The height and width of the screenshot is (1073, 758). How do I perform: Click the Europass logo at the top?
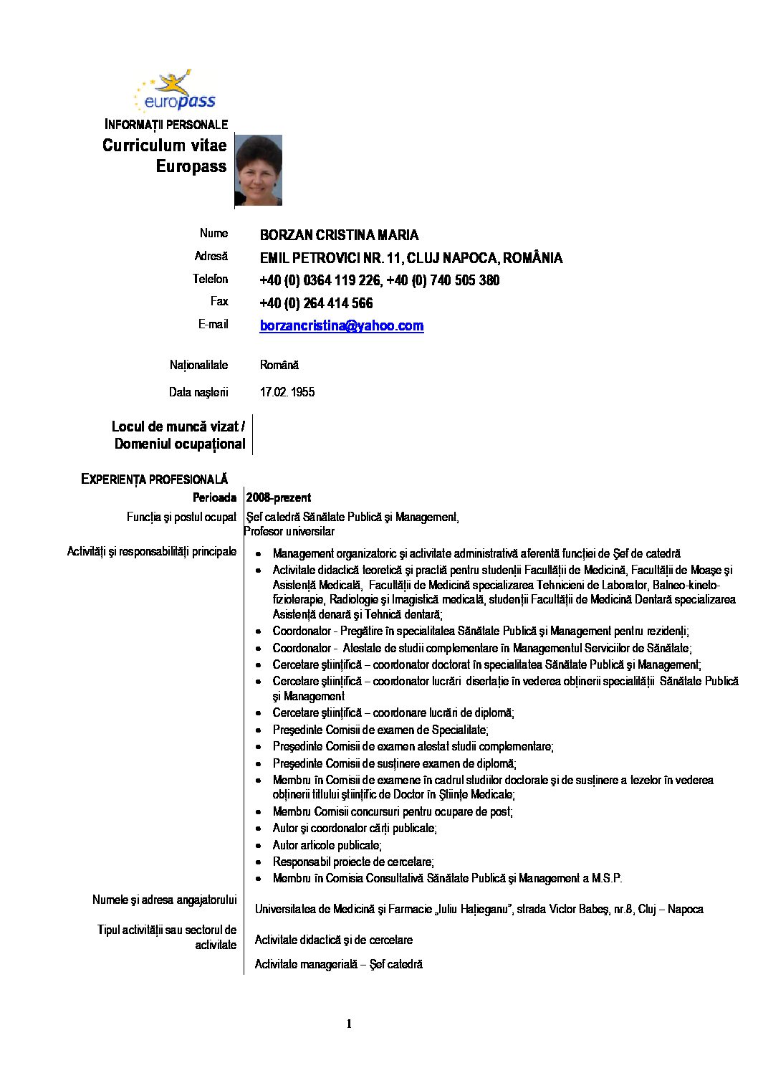click(x=175, y=92)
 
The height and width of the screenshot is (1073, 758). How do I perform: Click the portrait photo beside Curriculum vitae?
click(x=258, y=170)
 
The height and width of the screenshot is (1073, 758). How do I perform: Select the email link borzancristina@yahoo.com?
click(x=341, y=326)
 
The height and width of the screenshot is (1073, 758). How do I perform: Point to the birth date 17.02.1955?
click(x=287, y=392)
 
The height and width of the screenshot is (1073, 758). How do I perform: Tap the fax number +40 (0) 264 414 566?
click(x=316, y=303)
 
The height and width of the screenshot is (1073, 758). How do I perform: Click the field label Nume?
click(x=214, y=233)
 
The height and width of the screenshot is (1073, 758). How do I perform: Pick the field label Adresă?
click(x=211, y=256)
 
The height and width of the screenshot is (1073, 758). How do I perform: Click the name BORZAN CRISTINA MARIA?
click(x=339, y=235)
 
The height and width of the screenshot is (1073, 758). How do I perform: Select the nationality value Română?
click(x=279, y=365)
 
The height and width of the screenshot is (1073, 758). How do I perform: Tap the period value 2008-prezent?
click(x=279, y=497)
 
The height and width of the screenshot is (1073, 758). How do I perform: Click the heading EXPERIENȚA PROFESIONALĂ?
click(x=154, y=479)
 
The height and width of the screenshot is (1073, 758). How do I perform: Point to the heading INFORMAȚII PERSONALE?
click(x=166, y=125)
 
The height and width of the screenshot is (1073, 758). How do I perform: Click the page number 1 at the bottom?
click(x=349, y=1024)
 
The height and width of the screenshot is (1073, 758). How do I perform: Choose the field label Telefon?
click(x=210, y=279)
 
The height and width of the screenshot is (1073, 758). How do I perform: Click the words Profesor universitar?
click(x=289, y=532)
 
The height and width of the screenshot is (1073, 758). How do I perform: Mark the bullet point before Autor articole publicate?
click(x=258, y=846)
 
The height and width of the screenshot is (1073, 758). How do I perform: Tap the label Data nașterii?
click(x=198, y=392)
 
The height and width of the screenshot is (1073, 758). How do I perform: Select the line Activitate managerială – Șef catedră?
click(x=339, y=964)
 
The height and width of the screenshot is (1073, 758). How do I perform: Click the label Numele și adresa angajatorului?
click(x=164, y=900)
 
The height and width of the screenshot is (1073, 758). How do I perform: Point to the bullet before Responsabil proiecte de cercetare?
click(x=258, y=862)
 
